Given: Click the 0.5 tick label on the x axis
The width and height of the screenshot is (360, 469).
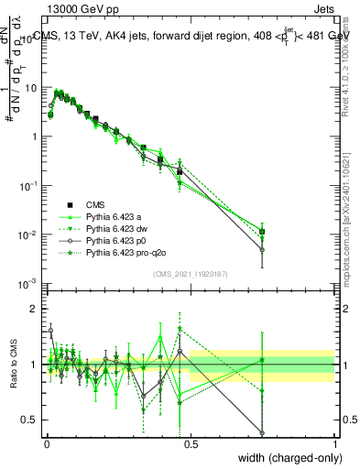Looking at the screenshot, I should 191,442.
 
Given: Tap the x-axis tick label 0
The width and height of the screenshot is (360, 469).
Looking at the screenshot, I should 47,442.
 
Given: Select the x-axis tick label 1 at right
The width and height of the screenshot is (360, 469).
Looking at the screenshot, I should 334,442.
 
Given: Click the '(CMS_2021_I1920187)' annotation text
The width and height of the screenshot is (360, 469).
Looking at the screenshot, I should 190,273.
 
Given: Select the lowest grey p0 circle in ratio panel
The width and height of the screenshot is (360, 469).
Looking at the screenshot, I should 263,433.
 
